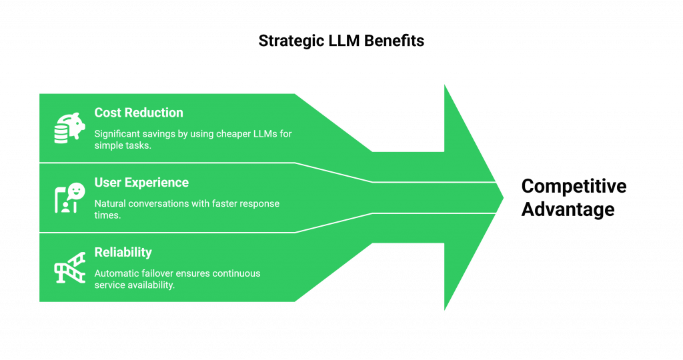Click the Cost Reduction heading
click(139, 113)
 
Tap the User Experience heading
click(141, 183)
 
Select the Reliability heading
click(123, 253)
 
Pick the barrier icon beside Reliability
click(69, 268)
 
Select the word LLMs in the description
click(261, 134)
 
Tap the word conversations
click(162, 203)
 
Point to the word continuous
click(236, 273)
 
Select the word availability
click(151, 285)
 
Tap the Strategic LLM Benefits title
click(341, 41)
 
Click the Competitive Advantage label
click(573, 197)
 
